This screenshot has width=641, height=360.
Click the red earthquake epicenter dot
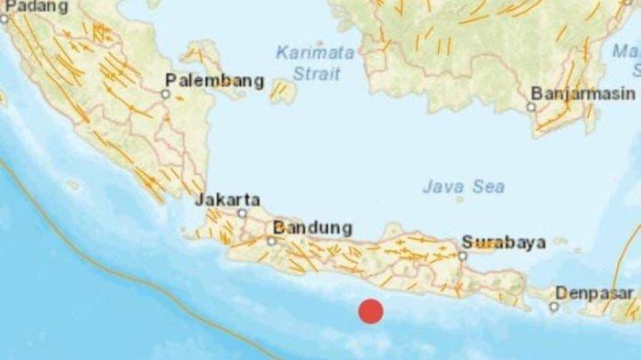point(370,311)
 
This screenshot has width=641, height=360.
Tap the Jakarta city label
point(227,199)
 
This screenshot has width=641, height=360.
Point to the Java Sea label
point(463,187)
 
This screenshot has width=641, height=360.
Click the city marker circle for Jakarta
point(242,213)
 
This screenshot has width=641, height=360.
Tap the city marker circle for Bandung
point(271,241)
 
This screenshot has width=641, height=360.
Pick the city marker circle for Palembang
point(166,93)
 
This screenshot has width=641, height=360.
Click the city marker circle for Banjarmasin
point(531,106)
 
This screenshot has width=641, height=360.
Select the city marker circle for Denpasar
point(553,307)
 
